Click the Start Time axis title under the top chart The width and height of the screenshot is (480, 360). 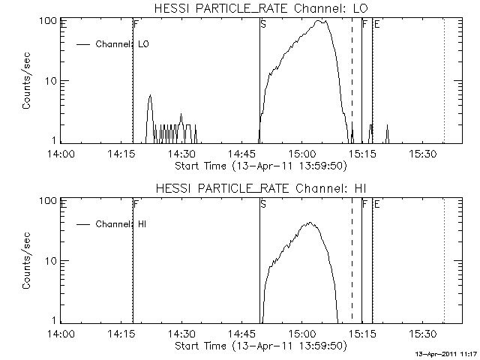(259, 165)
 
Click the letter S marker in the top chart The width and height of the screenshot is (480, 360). (262, 24)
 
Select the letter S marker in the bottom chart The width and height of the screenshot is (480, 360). (262, 204)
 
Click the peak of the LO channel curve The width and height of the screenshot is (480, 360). (321, 21)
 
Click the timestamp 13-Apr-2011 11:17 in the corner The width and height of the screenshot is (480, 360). (447, 352)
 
